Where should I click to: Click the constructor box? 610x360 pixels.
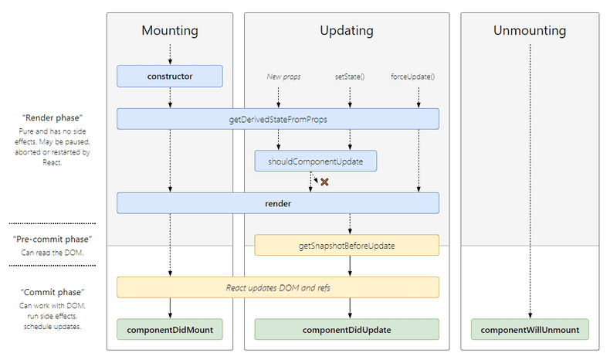click(170, 76)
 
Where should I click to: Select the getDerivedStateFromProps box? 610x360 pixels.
click(278, 118)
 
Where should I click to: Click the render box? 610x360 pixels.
click(278, 203)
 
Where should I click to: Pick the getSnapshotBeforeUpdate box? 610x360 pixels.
click(347, 245)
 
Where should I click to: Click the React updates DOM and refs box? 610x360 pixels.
click(278, 287)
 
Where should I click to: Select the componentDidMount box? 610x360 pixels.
click(170, 329)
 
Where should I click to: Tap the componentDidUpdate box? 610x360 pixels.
click(347, 329)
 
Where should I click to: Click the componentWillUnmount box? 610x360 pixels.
click(530, 329)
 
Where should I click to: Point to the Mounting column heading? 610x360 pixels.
click(170, 31)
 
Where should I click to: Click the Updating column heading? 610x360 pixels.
click(347, 31)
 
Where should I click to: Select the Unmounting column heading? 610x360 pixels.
click(530, 31)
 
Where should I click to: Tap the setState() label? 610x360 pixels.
click(350, 76)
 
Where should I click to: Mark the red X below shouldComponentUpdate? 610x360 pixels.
click(325, 182)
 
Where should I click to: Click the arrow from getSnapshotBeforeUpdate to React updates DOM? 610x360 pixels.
click(350, 266)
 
